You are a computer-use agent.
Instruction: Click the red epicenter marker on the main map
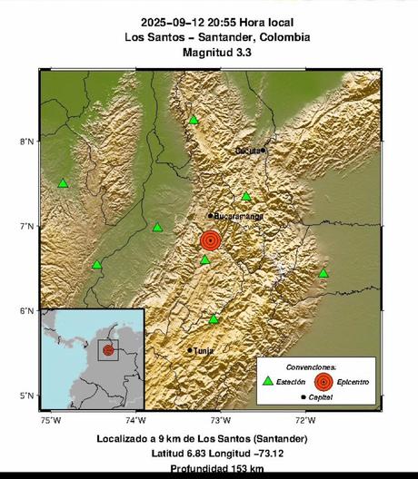(x=210, y=240)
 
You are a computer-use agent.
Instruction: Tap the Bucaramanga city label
(x=238, y=216)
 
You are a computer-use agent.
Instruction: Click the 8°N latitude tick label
(x=27, y=141)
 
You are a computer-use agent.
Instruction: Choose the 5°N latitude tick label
(x=27, y=396)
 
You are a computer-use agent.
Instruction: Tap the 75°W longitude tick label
(x=50, y=419)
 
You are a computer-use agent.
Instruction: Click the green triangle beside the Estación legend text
(x=267, y=382)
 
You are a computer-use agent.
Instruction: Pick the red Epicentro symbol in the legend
(x=322, y=382)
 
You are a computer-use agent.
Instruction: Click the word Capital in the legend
(x=320, y=397)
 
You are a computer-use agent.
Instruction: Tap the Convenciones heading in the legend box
(x=310, y=367)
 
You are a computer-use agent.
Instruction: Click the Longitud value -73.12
(x=270, y=453)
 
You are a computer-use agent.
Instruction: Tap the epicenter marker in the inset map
(x=108, y=349)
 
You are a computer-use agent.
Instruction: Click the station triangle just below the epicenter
(x=205, y=260)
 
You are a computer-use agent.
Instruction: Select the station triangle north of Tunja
(x=214, y=319)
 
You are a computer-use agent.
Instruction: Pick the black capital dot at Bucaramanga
(x=210, y=216)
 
